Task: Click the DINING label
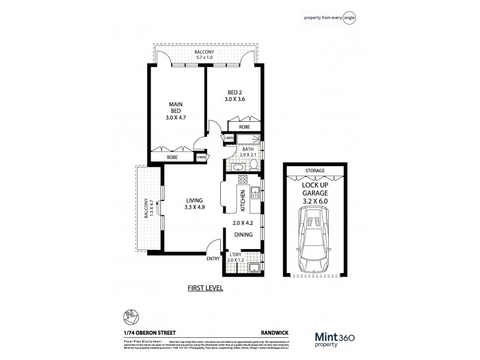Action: point(243,235)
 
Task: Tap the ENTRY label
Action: point(213,259)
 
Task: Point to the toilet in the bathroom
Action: point(254,164)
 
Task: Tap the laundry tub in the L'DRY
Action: point(254,268)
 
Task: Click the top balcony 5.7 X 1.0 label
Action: point(204,56)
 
